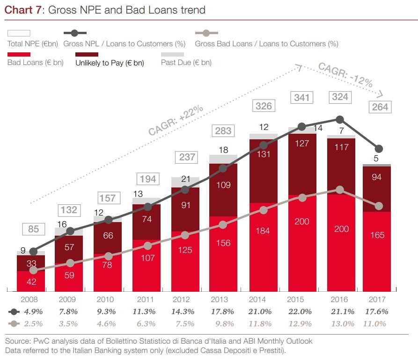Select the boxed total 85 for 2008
click(x=34, y=230)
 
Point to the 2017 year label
click(x=377, y=299)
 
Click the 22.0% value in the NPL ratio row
click(x=300, y=311)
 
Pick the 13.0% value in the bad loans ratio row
click(x=339, y=324)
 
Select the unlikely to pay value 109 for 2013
click(x=224, y=185)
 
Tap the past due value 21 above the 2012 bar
click(x=185, y=179)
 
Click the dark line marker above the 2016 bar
click(x=340, y=120)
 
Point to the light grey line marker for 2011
click(x=147, y=246)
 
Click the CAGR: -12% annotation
click(x=345, y=75)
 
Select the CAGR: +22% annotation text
click(x=176, y=121)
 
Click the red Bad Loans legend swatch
click(x=19, y=55)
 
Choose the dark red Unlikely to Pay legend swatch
click(x=87, y=55)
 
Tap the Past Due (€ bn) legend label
click(x=186, y=63)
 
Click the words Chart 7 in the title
click(x=23, y=10)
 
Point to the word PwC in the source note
click(x=37, y=341)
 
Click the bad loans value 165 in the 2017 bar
click(x=377, y=235)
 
